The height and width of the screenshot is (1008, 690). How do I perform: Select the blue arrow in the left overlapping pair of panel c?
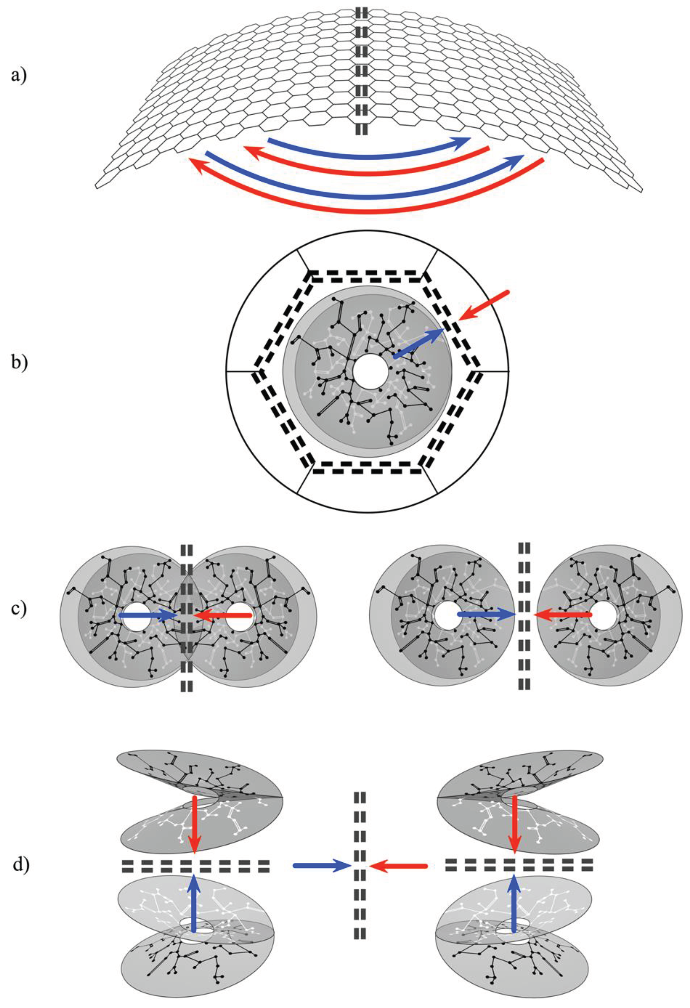[148, 615]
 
